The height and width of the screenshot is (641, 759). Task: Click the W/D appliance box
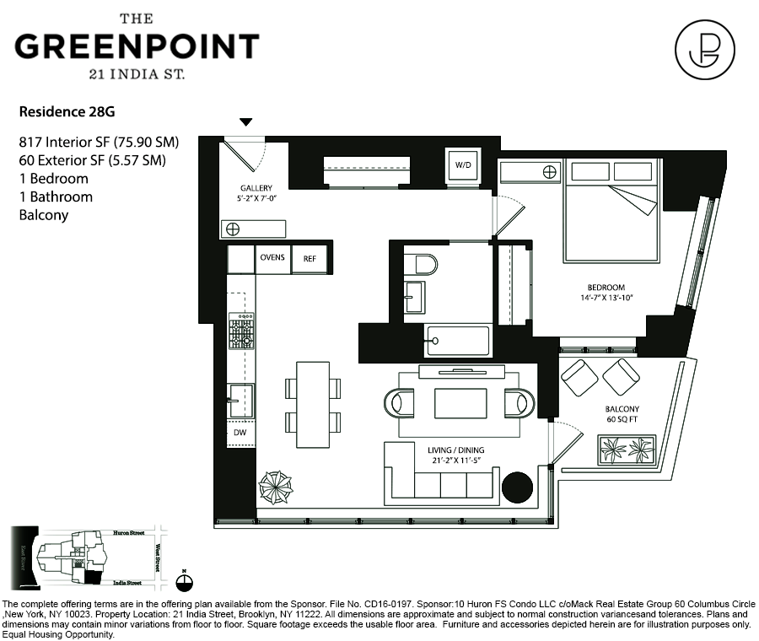tap(463, 164)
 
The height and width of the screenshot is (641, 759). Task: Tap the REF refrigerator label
tap(310, 258)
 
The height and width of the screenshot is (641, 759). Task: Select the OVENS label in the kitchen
tap(272, 257)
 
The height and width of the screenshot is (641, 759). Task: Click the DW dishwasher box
tap(240, 432)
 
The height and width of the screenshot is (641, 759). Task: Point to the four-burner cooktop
tap(240, 332)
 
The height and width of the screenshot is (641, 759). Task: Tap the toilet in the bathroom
tap(420, 264)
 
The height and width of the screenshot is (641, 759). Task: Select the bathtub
tap(457, 341)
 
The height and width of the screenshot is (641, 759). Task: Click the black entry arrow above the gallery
tap(245, 122)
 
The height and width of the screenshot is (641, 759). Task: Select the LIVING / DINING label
tap(455, 450)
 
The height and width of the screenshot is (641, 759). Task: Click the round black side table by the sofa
tap(517, 487)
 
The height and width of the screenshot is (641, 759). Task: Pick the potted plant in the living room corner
tap(275, 487)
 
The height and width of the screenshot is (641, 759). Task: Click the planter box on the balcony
tap(627, 450)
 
